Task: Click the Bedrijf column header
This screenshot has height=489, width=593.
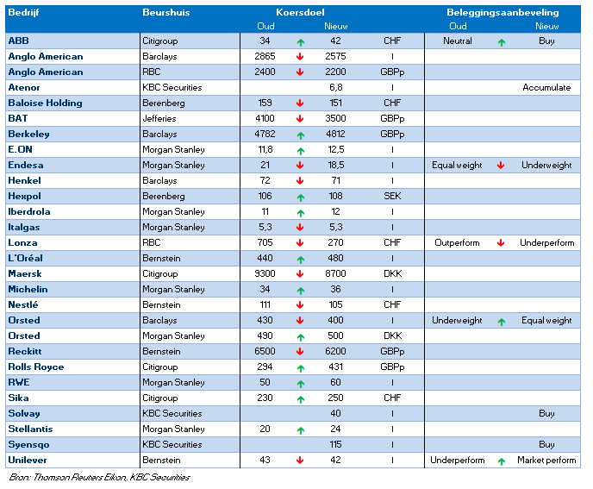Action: (x=23, y=12)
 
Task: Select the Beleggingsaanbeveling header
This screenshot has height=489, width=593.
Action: (x=502, y=12)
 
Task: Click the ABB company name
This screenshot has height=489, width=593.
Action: (x=19, y=41)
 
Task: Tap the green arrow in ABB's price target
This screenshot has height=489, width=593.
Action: (x=301, y=42)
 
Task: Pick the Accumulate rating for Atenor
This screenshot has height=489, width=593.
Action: (x=546, y=87)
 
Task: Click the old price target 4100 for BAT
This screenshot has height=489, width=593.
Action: (x=265, y=118)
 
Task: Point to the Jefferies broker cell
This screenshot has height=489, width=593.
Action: (x=159, y=118)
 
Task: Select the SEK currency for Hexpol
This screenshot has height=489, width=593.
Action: (x=392, y=196)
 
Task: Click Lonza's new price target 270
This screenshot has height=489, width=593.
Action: (x=335, y=242)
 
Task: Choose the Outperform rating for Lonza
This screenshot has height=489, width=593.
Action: (x=457, y=242)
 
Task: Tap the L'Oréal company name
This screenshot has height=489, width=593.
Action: (x=25, y=258)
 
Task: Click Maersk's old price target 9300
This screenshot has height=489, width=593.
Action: (x=265, y=273)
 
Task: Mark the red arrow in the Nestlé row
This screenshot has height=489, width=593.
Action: (x=300, y=304)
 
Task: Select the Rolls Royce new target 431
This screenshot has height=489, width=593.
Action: (x=335, y=367)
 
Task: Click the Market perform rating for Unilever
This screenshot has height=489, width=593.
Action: (x=546, y=461)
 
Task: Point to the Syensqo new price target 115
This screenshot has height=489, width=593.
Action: (x=335, y=444)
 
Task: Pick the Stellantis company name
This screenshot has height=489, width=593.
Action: (x=30, y=429)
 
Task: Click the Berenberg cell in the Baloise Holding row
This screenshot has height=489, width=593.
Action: (x=164, y=103)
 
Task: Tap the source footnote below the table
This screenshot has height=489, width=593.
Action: (x=99, y=477)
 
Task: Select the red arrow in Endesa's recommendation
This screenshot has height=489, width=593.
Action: (x=501, y=165)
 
